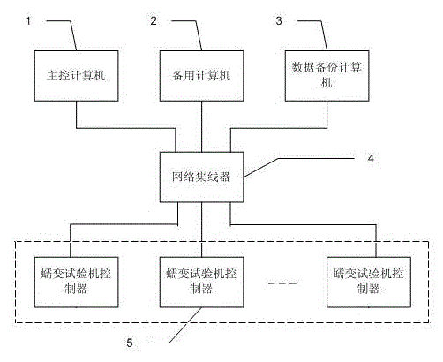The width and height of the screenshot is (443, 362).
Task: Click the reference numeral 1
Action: pos(28,21)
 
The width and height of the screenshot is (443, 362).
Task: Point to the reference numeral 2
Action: pos(154,21)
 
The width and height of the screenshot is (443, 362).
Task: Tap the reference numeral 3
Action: pos(279,21)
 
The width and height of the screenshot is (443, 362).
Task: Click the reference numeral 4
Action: pos(371,158)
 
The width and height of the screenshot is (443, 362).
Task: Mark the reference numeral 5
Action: pos(130,343)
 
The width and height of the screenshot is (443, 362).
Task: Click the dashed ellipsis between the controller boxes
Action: pos(282,283)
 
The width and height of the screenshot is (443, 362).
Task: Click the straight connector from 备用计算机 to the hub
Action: pos(201,126)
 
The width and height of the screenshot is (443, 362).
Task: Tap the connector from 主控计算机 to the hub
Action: pos(126,128)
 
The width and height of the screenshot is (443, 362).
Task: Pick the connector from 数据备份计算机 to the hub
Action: pos(279,128)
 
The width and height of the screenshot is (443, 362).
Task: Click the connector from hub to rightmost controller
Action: pos(303,225)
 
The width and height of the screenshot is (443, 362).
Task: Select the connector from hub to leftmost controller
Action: pos(124,224)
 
